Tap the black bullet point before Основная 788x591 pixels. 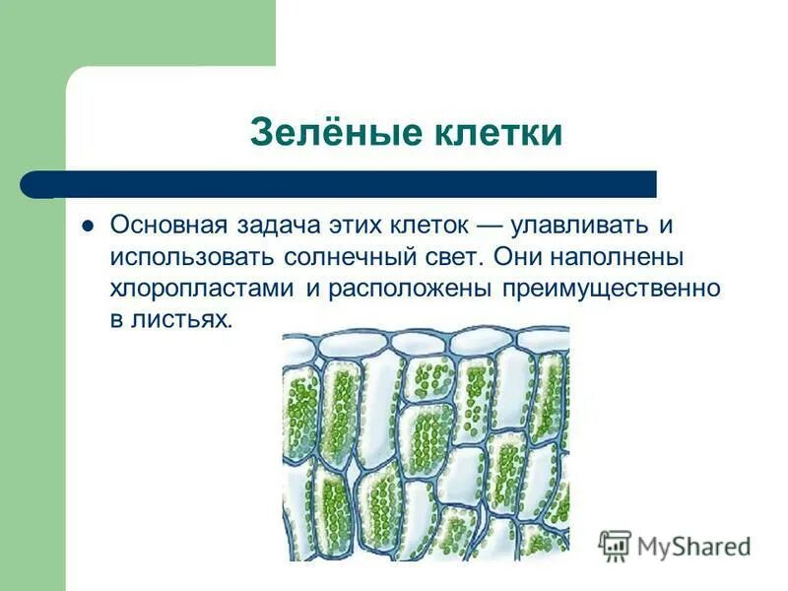87,225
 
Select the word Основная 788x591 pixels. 168,225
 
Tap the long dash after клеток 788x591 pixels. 496,225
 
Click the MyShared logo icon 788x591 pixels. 615,546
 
